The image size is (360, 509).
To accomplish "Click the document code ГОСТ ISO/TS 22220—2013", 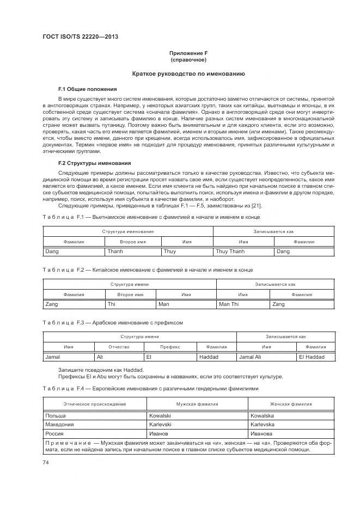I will click(80, 36).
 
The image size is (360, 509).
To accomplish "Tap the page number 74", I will click(46, 462).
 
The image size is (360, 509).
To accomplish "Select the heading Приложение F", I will click(188, 53).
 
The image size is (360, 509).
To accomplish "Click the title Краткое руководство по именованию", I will click(188, 73).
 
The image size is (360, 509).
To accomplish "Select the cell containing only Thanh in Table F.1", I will click(115, 252).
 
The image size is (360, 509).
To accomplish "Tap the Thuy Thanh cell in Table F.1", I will click(230, 252).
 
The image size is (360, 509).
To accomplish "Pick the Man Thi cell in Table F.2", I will click(229, 304).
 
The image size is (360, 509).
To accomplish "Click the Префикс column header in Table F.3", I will click(169, 347).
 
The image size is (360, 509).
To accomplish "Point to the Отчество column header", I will click(119, 347).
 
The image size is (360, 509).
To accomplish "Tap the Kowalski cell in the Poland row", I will click(160, 415).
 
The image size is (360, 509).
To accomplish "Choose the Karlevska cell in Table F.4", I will click(262, 425).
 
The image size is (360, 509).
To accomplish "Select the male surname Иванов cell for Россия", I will click(158, 434).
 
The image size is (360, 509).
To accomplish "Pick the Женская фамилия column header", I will click(291, 404).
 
